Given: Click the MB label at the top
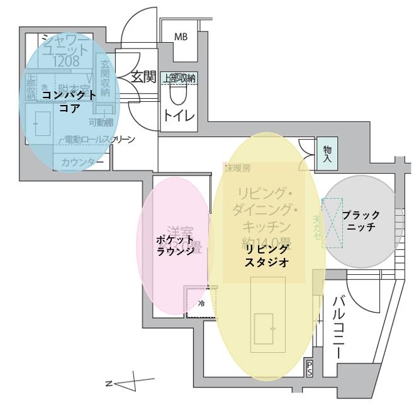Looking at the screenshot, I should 180,36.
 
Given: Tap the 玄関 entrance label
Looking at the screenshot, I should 143,77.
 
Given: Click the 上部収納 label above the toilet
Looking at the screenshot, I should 179,78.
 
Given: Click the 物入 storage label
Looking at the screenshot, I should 327,153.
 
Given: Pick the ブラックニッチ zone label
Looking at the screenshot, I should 361,221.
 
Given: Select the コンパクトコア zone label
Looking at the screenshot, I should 69,101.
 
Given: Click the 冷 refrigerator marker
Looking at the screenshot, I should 201,303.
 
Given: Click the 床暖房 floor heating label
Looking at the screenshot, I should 238,168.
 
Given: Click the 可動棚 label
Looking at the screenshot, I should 101,122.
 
